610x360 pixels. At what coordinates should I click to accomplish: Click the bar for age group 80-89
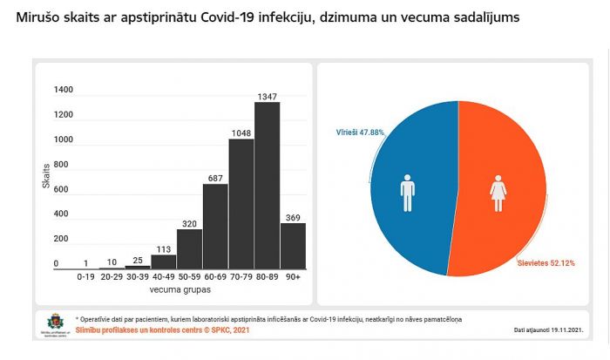(267, 185)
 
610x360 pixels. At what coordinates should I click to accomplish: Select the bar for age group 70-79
(241, 203)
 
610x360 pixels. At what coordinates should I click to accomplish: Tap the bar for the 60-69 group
(215, 226)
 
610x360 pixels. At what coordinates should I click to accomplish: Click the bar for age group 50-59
(189, 248)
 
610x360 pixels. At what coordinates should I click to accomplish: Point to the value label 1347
(267, 95)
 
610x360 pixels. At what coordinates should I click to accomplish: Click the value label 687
(215, 178)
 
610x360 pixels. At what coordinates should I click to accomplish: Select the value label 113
(163, 248)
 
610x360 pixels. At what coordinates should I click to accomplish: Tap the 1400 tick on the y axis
(63, 90)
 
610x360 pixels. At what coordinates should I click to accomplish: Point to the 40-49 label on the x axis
(163, 276)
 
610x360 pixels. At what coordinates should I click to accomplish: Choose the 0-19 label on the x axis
(85, 276)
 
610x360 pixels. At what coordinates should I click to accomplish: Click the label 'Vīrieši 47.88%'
(360, 132)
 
